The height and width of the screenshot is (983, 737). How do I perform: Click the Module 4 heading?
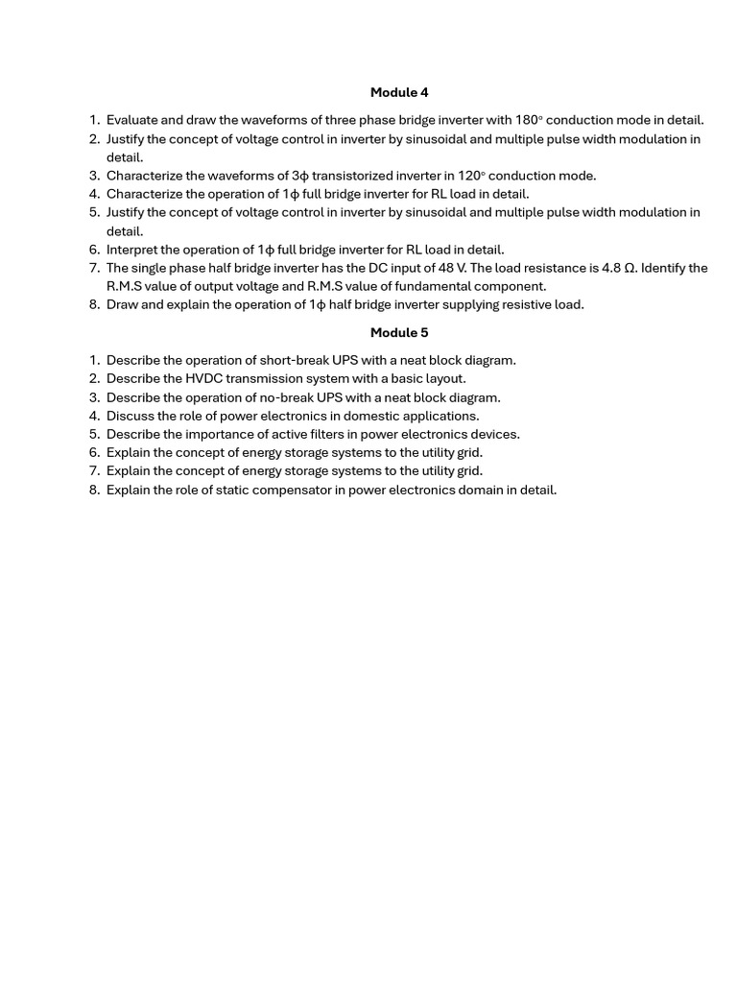pos(399,93)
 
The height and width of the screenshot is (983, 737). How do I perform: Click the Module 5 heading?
pos(399,333)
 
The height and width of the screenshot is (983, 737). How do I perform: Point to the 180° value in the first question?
pos(529,120)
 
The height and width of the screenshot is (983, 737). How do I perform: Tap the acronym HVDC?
pos(203,378)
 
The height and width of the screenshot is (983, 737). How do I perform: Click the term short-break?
pos(293,360)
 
